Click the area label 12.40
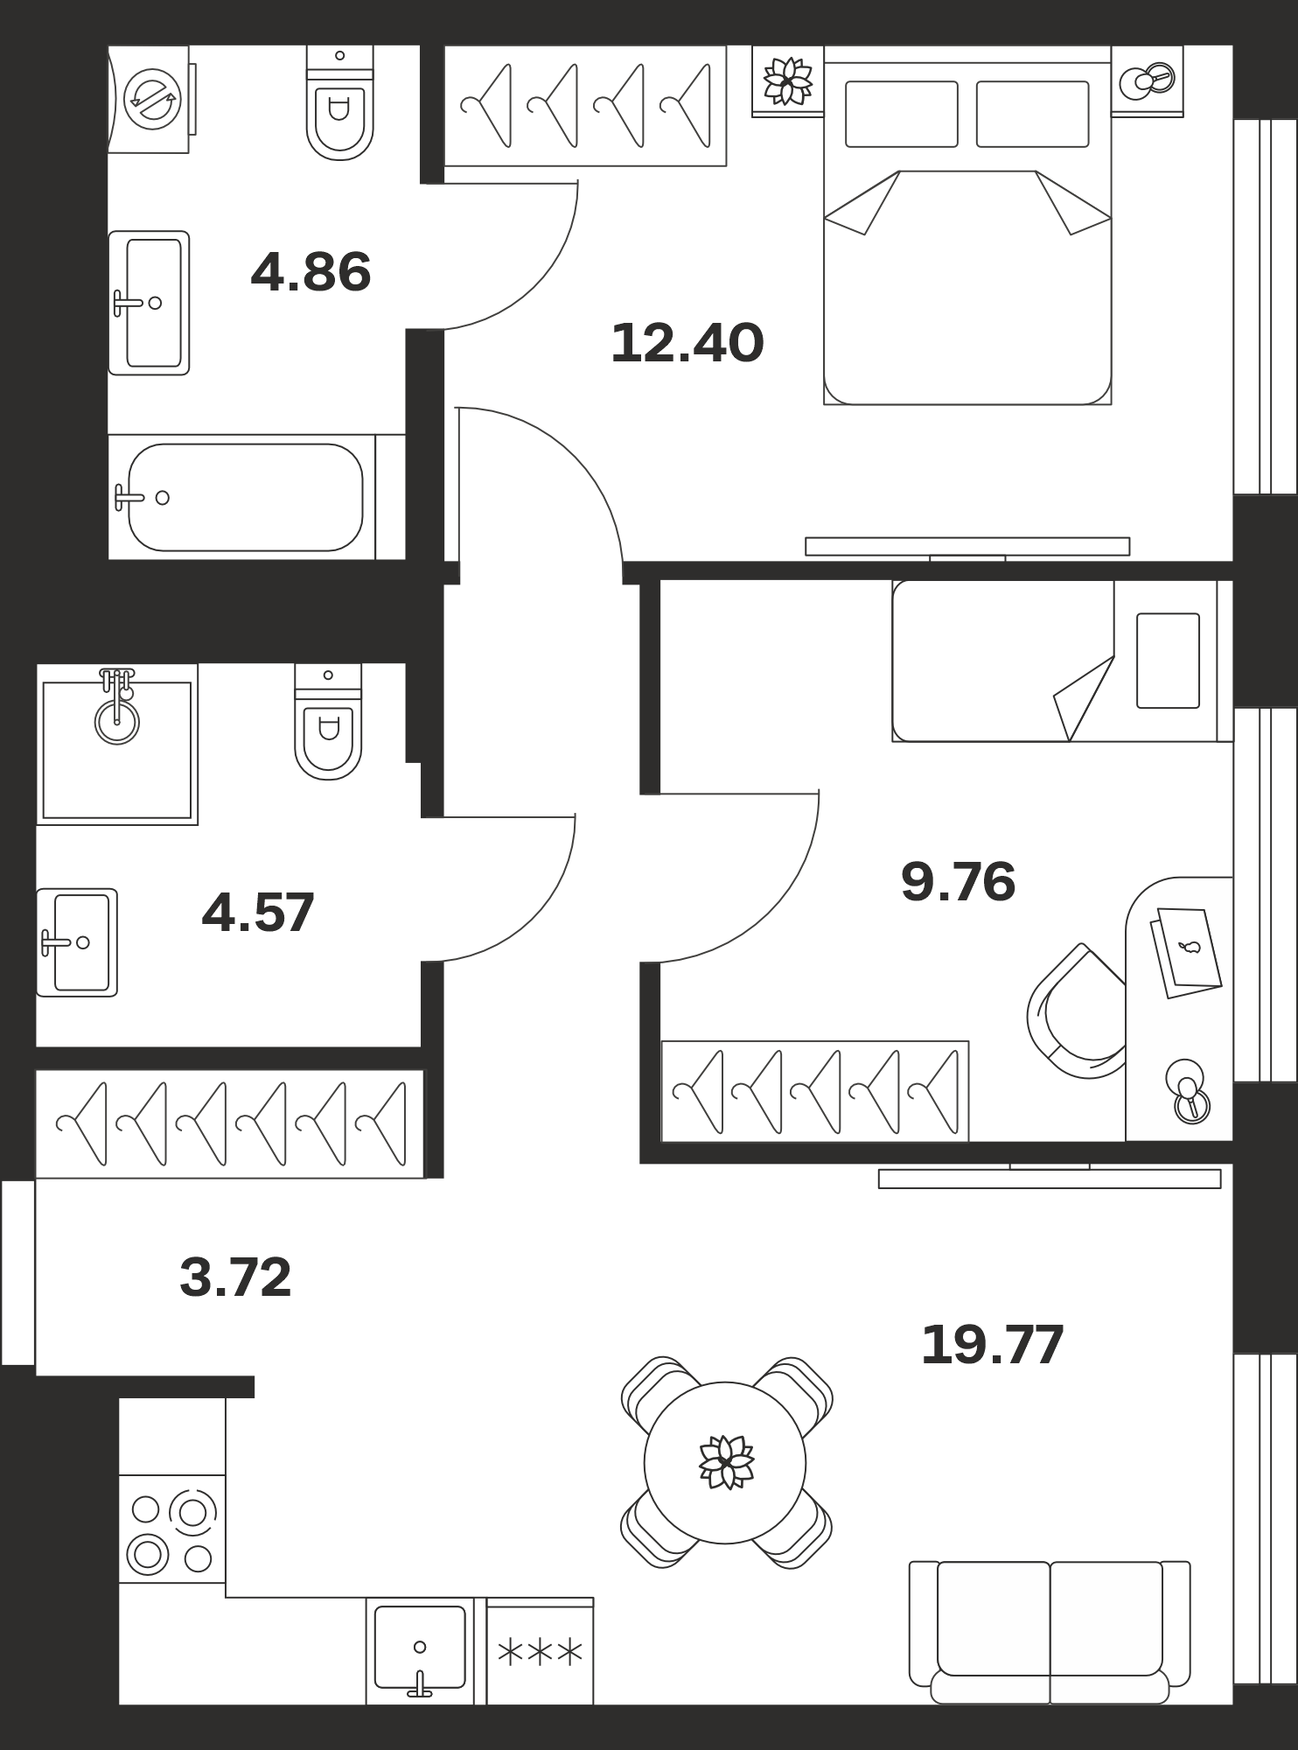tap(687, 343)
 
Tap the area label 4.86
tap(311, 272)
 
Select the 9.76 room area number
tap(958, 882)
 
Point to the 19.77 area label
tap(992, 1345)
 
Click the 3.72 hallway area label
tap(235, 1278)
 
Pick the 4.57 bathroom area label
tap(258, 913)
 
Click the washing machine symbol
tap(150, 99)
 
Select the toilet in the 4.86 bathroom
tap(339, 103)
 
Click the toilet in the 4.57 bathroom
tap(328, 721)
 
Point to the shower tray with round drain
tap(117, 745)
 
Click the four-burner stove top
tap(172, 1528)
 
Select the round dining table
tap(725, 1462)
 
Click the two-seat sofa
tap(1050, 1632)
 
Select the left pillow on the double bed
tap(902, 114)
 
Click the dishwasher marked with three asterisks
tap(540, 1652)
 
